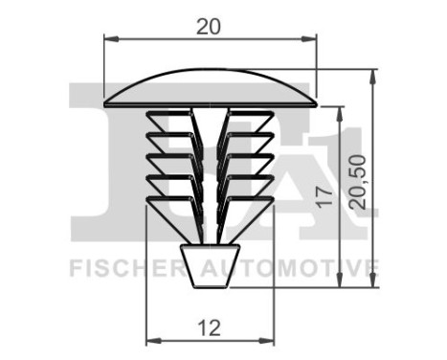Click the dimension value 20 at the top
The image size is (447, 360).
pyautogui.click(x=209, y=27)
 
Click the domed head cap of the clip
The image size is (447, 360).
pyautogui.click(x=209, y=87)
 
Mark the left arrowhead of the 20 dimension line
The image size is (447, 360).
pyautogui.click(x=108, y=39)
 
